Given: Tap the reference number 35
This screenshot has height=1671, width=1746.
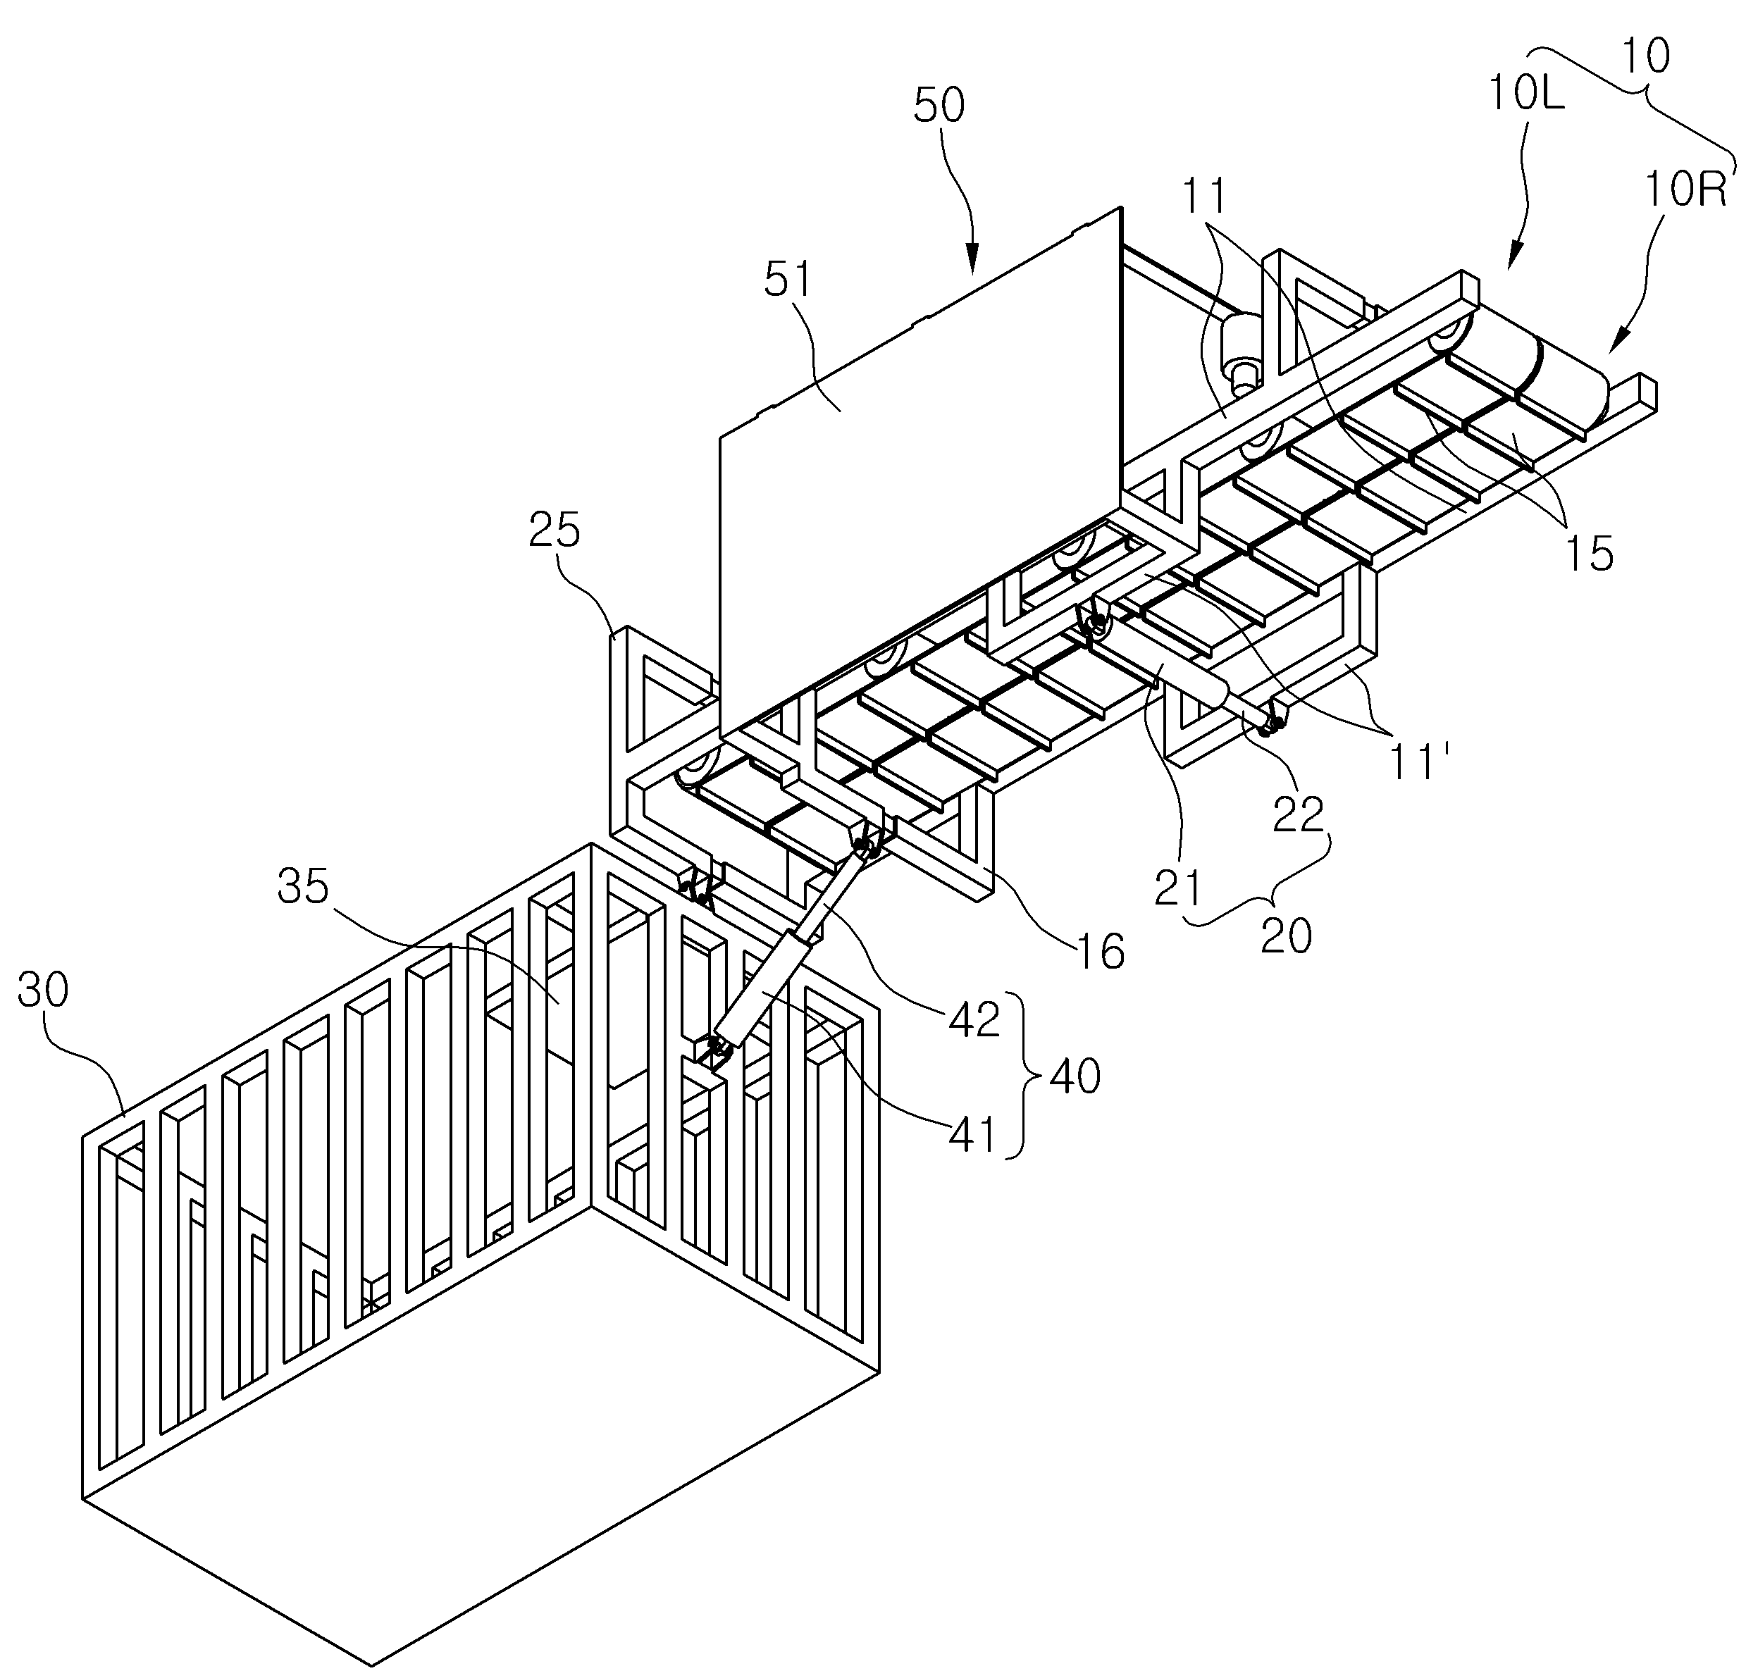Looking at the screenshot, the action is coord(304,887).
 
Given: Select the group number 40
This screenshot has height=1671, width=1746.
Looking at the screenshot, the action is coord(1075,1078).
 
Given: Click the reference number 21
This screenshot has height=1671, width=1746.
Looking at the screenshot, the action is coord(1177,889).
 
